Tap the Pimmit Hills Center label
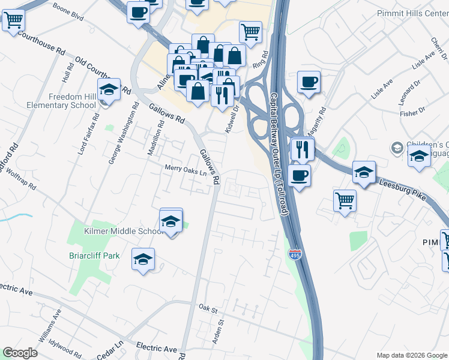pos(413,13)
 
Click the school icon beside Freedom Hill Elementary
pos(109,91)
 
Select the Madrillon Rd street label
pos(155,140)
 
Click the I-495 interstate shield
pos(295,254)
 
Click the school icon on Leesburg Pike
pos(364,173)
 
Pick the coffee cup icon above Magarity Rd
pos(309,83)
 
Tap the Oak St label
pos(207,308)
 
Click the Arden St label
pos(220,331)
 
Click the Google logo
pos(20,353)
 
